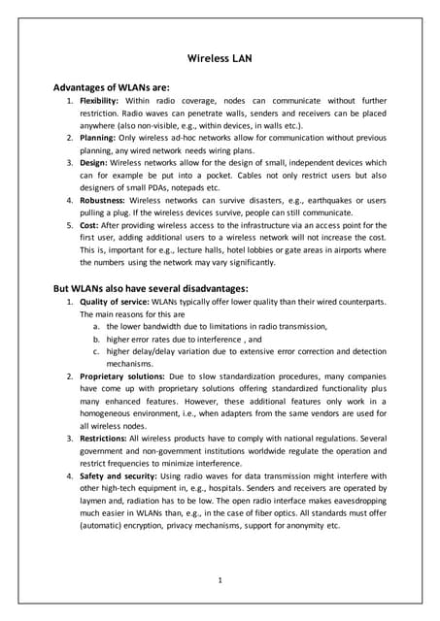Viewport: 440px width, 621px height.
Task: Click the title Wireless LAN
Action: pyautogui.click(x=220, y=58)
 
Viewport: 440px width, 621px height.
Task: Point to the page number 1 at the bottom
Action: pyautogui.click(x=220, y=580)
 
